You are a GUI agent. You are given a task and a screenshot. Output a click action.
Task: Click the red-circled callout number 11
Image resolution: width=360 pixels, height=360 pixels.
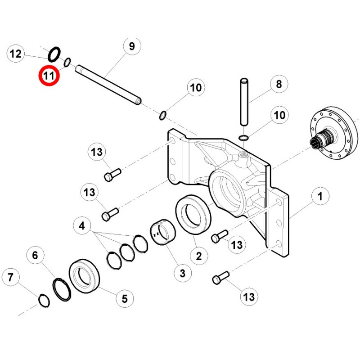click(x=49, y=76)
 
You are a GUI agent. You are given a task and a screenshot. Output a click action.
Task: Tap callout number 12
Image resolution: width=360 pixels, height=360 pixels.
click(x=16, y=54)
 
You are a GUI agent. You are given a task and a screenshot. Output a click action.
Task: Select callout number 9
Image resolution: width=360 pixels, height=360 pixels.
click(x=132, y=46)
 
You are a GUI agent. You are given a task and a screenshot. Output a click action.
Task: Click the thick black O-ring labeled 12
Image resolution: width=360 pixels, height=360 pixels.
click(x=54, y=54)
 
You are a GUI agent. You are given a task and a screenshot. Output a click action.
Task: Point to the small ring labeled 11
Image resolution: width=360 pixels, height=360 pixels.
click(x=67, y=62)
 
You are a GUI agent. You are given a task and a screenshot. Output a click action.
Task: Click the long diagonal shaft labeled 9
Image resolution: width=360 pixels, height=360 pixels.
click(x=108, y=85)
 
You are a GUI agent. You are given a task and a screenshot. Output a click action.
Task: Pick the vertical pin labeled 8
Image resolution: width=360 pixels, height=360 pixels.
click(x=244, y=102)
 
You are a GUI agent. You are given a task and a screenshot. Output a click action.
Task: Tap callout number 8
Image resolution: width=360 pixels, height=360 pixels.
click(x=279, y=84)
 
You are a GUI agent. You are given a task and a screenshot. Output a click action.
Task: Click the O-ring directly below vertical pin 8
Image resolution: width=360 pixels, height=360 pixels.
click(x=243, y=138)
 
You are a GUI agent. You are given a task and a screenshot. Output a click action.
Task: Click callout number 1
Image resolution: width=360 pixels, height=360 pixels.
click(x=320, y=196)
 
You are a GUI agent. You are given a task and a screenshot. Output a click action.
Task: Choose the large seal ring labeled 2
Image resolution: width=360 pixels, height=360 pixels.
click(x=193, y=215)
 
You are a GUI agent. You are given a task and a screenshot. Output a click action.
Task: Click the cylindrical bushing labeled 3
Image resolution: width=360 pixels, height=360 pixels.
click(x=163, y=232)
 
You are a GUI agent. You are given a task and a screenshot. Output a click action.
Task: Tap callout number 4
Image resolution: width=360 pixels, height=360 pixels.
click(x=82, y=226)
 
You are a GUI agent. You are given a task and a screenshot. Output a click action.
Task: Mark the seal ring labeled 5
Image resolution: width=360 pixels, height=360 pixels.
click(x=84, y=276)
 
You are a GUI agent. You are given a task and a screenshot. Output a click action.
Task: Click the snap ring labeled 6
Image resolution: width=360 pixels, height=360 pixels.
click(x=62, y=289)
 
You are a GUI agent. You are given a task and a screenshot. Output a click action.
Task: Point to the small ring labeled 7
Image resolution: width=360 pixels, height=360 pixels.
click(x=44, y=300)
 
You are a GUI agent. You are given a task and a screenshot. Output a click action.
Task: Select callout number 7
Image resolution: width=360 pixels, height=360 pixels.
click(x=10, y=277)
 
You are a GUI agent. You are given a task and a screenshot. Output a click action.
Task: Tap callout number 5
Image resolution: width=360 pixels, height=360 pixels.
click(x=125, y=298)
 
